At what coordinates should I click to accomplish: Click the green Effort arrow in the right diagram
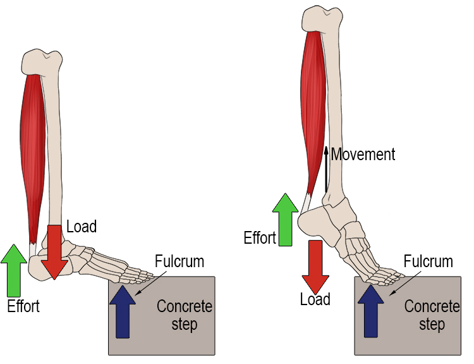pos(285,218)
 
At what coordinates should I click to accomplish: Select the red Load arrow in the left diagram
pos(56,251)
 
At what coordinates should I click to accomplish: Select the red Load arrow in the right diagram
pos(315,266)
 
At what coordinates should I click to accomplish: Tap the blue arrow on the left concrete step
pos(123,310)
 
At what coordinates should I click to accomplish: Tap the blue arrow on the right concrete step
pos(370,310)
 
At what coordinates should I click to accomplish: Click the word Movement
pos(363,154)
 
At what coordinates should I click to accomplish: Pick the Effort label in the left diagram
pos(23,306)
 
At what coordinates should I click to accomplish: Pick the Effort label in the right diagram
pos(260,238)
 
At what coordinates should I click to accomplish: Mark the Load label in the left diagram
pos(81,226)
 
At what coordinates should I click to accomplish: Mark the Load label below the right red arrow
pos(315,299)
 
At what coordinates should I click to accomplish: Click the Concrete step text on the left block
pos(185,315)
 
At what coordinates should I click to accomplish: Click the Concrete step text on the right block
pos(432,315)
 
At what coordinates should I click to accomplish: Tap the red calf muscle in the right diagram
pos(312,108)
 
